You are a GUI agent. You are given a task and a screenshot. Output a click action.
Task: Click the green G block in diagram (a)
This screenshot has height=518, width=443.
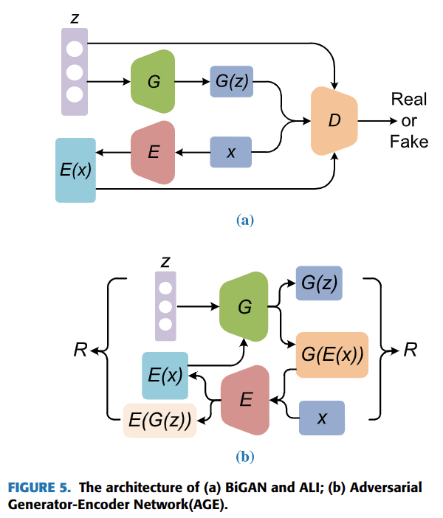click(x=154, y=81)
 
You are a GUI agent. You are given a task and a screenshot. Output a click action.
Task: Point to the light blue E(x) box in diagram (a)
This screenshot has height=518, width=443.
click(x=75, y=170)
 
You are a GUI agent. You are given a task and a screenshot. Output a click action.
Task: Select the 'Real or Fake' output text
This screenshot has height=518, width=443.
click(x=408, y=120)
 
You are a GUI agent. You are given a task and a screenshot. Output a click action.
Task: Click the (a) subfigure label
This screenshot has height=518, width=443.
click(x=244, y=219)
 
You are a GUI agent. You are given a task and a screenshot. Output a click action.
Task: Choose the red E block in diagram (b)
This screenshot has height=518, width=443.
click(x=246, y=401)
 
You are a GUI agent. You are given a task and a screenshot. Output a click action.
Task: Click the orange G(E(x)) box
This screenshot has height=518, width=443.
click(x=332, y=355)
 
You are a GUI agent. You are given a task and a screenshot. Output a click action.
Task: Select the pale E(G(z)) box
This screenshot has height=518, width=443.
click(x=159, y=421)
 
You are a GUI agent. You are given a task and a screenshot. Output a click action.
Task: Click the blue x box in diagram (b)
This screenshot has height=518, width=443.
click(x=321, y=418)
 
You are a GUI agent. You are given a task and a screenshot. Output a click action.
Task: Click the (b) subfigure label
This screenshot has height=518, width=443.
click(x=244, y=457)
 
